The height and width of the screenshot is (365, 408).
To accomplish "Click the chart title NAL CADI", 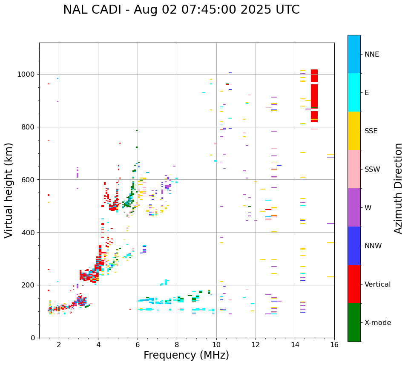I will pos(181,10).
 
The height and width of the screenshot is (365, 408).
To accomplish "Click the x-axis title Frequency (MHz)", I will pos(186,355).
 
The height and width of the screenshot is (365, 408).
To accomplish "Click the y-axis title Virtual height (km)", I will pos(9,190).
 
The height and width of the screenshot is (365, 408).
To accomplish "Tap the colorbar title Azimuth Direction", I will pos(398,188).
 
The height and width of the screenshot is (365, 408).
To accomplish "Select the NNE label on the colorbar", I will pos(371,55).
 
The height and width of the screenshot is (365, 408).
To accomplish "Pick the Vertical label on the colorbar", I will pos(377,285).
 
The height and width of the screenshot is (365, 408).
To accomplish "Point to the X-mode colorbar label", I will pos(377,323).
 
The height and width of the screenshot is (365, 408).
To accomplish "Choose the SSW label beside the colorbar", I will pos(372,170).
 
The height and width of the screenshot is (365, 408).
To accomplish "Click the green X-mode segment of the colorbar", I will pos(354,322).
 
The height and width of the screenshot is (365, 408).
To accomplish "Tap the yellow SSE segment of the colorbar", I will pos(354,131).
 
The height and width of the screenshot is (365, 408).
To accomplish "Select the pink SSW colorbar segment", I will pos(354,169).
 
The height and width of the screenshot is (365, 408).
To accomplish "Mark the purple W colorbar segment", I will pos(354,207).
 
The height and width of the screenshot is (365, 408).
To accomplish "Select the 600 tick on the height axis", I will pos(29,180).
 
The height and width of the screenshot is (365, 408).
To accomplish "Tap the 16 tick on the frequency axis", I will pos(334,344).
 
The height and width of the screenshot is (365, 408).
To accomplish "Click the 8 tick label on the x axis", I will pos(177,344).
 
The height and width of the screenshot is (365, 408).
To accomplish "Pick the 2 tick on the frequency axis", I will pos(59,344).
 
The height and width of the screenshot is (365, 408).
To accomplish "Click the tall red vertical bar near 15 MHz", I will pos(314,96).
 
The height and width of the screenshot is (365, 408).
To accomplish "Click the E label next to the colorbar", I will pos(367,93).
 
